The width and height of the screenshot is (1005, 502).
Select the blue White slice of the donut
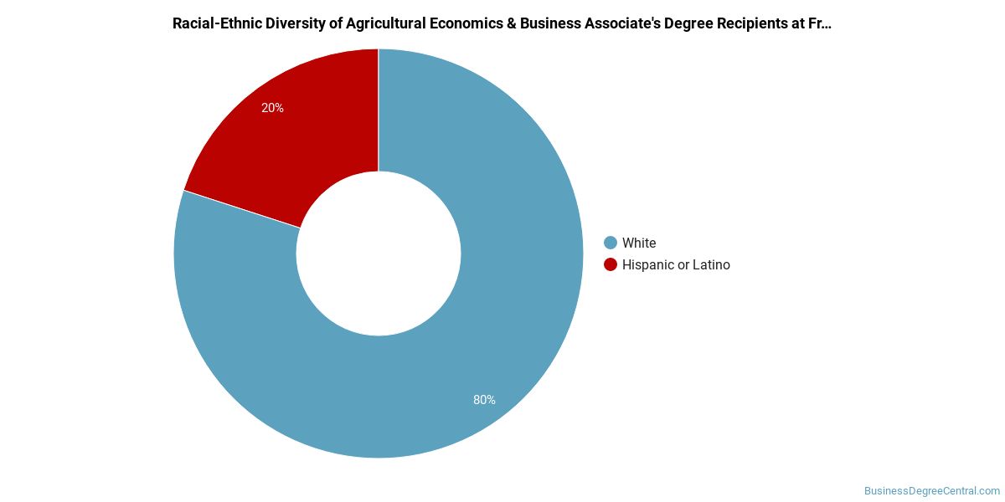click(x=469, y=351)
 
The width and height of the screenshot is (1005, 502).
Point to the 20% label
click(x=272, y=108)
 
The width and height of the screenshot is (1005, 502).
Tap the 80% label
click(x=484, y=400)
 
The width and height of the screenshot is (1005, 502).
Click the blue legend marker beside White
click(x=611, y=243)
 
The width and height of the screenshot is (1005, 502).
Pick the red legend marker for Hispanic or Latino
click(x=611, y=264)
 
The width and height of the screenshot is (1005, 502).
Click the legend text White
click(x=639, y=243)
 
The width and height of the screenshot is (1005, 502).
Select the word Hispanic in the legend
click(x=648, y=264)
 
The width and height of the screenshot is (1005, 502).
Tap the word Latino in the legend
click(x=712, y=264)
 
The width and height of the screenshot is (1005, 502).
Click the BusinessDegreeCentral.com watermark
click(x=931, y=491)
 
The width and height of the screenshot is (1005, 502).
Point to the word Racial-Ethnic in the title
click(x=214, y=23)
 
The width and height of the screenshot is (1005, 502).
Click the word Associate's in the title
click(x=615, y=23)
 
